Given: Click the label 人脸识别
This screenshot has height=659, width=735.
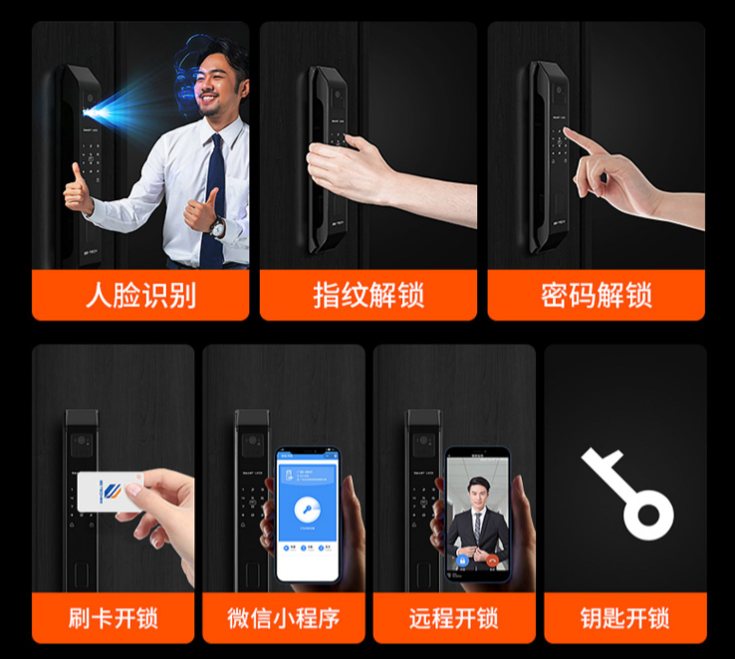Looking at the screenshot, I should (140, 296).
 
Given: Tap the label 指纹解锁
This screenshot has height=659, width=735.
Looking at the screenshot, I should (368, 296).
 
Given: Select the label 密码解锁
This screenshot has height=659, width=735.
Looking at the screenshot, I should (596, 296).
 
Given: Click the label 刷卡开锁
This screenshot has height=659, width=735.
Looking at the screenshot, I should (113, 617).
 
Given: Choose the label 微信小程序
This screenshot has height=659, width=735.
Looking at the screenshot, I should (284, 617).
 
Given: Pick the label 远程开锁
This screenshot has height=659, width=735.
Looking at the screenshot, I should (454, 617).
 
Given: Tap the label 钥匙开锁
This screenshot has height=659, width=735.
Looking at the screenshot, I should (624, 617).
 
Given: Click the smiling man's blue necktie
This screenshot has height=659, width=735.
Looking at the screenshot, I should (213, 199).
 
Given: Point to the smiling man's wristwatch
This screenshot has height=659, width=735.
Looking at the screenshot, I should (218, 227).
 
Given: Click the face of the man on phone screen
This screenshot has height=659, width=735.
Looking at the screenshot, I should (475, 492).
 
